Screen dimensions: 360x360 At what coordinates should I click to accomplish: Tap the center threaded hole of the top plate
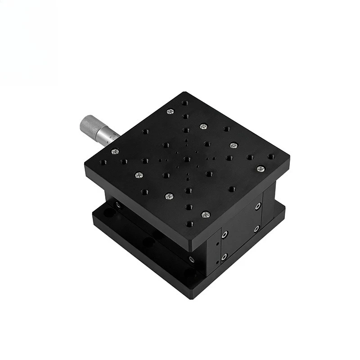coord(186,159)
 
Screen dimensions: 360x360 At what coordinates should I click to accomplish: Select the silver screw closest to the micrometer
coord(115,151)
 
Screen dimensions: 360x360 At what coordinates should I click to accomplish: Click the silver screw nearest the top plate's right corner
coord(260,169)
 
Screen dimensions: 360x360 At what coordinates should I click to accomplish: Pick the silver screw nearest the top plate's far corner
coord(170,112)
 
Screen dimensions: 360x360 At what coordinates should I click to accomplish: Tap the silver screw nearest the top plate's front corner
coord(205,215)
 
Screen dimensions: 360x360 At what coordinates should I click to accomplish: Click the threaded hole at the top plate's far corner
coord(184,103)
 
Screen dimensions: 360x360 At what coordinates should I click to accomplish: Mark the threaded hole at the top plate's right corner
coord(270,157)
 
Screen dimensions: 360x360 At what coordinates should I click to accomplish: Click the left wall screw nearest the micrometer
coord(118,205)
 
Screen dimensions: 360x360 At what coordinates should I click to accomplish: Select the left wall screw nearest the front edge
coord(191,259)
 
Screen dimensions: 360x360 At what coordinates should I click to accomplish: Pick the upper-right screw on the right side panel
coord(257,207)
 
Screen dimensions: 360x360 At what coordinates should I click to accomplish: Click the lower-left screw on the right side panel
coord(224,256)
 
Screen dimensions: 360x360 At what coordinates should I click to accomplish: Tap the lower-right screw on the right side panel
coord(256,229)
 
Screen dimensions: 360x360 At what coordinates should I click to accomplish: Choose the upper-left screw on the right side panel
coord(225,234)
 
